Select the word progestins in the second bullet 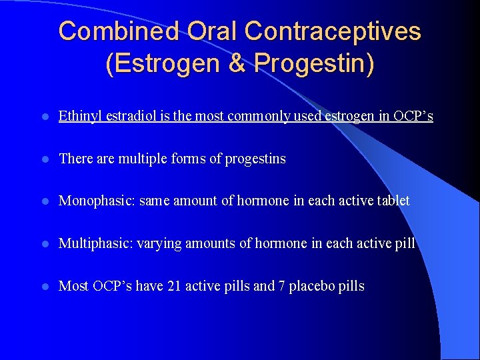coord(255,159)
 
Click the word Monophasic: coord(97,201)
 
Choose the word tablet coord(393,201)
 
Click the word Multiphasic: coord(95,243)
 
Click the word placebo coord(311,286)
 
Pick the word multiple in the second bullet coord(143,159)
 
